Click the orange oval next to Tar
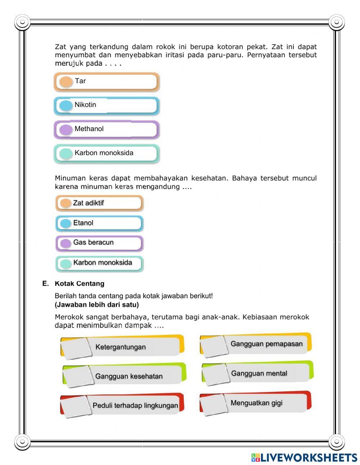pos(66,82)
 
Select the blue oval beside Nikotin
pos(66,106)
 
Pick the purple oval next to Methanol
pos(66,130)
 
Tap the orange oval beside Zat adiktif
pos(66,203)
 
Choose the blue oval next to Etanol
pos(66,223)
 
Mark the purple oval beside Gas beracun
pos(66,243)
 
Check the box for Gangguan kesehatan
pos(77,376)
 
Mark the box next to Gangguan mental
pos(215,374)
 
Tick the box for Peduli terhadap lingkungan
pos(76,406)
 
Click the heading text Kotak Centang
pos(80,283)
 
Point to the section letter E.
pos(45,283)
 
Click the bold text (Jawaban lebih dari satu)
pos(97,305)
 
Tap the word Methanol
pos(89,129)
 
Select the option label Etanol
pos(83,223)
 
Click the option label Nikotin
pos(85,105)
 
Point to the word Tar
pos(80,81)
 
